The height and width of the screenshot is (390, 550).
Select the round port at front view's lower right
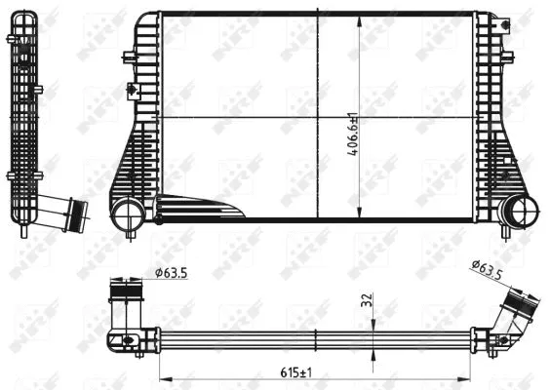pyautogui.click(x=519, y=210)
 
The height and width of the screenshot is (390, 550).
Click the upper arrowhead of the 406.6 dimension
pyautogui.click(x=362, y=19)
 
